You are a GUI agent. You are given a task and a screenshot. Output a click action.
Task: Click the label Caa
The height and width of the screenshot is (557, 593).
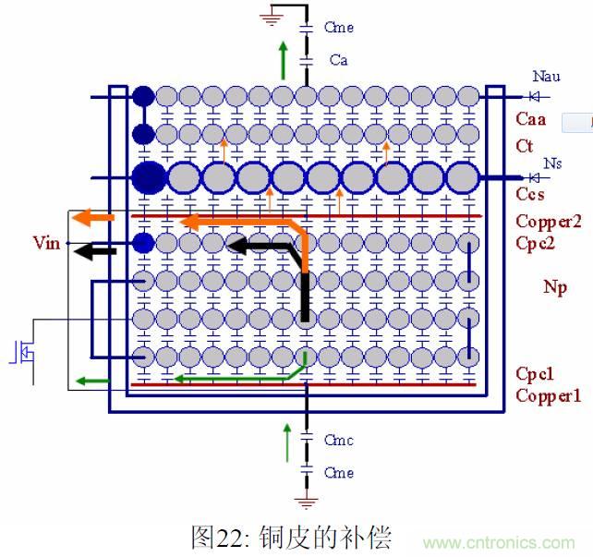click(x=530, y=119)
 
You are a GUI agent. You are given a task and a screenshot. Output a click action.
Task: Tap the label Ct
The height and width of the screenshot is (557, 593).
click(x=524, y=146)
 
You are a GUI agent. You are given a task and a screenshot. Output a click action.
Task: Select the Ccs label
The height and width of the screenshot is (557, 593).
click(x=529, y=195)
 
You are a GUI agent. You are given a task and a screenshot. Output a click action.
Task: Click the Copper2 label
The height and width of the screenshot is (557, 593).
click(x=548, y=221)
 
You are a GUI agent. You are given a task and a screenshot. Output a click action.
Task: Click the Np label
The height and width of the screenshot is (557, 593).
click(x=555, y=287)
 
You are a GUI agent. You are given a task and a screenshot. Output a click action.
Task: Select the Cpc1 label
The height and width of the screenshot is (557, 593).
click(x=535, y=374)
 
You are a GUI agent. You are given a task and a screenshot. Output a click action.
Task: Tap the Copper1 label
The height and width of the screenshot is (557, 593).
click(x=548, y=396)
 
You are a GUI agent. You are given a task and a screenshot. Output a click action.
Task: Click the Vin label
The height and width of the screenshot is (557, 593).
click(x=45, y=243)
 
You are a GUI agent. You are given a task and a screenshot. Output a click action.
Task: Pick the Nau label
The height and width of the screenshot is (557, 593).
click(x=546, y=77)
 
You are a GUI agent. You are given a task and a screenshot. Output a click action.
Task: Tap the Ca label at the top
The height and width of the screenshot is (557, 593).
click(x=338, y=60)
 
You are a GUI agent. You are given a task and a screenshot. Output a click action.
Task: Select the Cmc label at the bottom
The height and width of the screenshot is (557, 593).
click(x=339, y=441)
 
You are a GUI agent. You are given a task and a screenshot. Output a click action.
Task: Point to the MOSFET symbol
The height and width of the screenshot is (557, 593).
click(x=20, y=353)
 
